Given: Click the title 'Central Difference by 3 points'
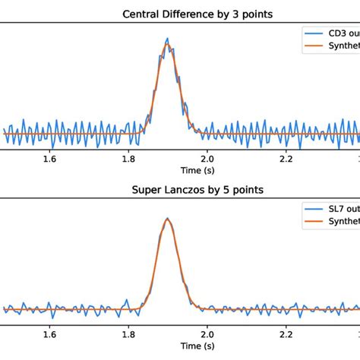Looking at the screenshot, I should [x=179, y=13].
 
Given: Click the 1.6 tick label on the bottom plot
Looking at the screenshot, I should [x=50, y=335].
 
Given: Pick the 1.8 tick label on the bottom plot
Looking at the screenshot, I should [x=128, y=335].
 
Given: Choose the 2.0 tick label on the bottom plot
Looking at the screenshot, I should [x=207, y=335].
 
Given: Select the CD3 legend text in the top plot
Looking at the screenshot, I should [x=340, y=34].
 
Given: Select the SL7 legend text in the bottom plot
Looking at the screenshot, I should [x=340, y=210].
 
